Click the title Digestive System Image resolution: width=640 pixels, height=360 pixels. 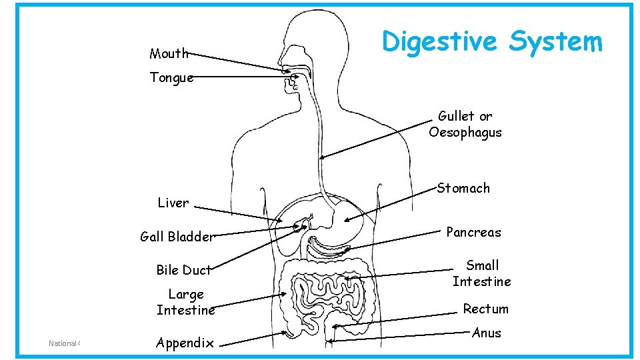click(491, 41)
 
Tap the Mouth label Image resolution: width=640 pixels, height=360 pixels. click(169, 53)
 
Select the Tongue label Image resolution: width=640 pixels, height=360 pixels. click(171, 77)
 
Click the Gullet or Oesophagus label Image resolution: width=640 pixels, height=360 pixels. click(465, 124)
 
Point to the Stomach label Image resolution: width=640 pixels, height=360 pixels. click(463, 188)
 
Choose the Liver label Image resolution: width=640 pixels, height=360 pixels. click(173, 203)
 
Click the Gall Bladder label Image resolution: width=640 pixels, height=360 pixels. click(177, 236)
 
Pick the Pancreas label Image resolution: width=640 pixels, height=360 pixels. click(473, 232)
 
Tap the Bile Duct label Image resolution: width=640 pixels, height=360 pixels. click(183, 270)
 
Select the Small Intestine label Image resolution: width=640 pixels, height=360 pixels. click(481, 273)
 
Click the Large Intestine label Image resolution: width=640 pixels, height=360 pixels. click(186, 302)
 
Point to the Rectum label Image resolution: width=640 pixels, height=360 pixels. click(485, 309)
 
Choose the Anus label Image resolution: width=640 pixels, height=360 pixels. click(486, 333)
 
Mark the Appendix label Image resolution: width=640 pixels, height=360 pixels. click(185, 343)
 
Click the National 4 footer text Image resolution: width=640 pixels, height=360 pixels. click(64, 343)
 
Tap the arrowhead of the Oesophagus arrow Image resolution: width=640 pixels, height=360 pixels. click(321, 158)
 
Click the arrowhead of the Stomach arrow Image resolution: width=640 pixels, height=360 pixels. click(346, 220)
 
